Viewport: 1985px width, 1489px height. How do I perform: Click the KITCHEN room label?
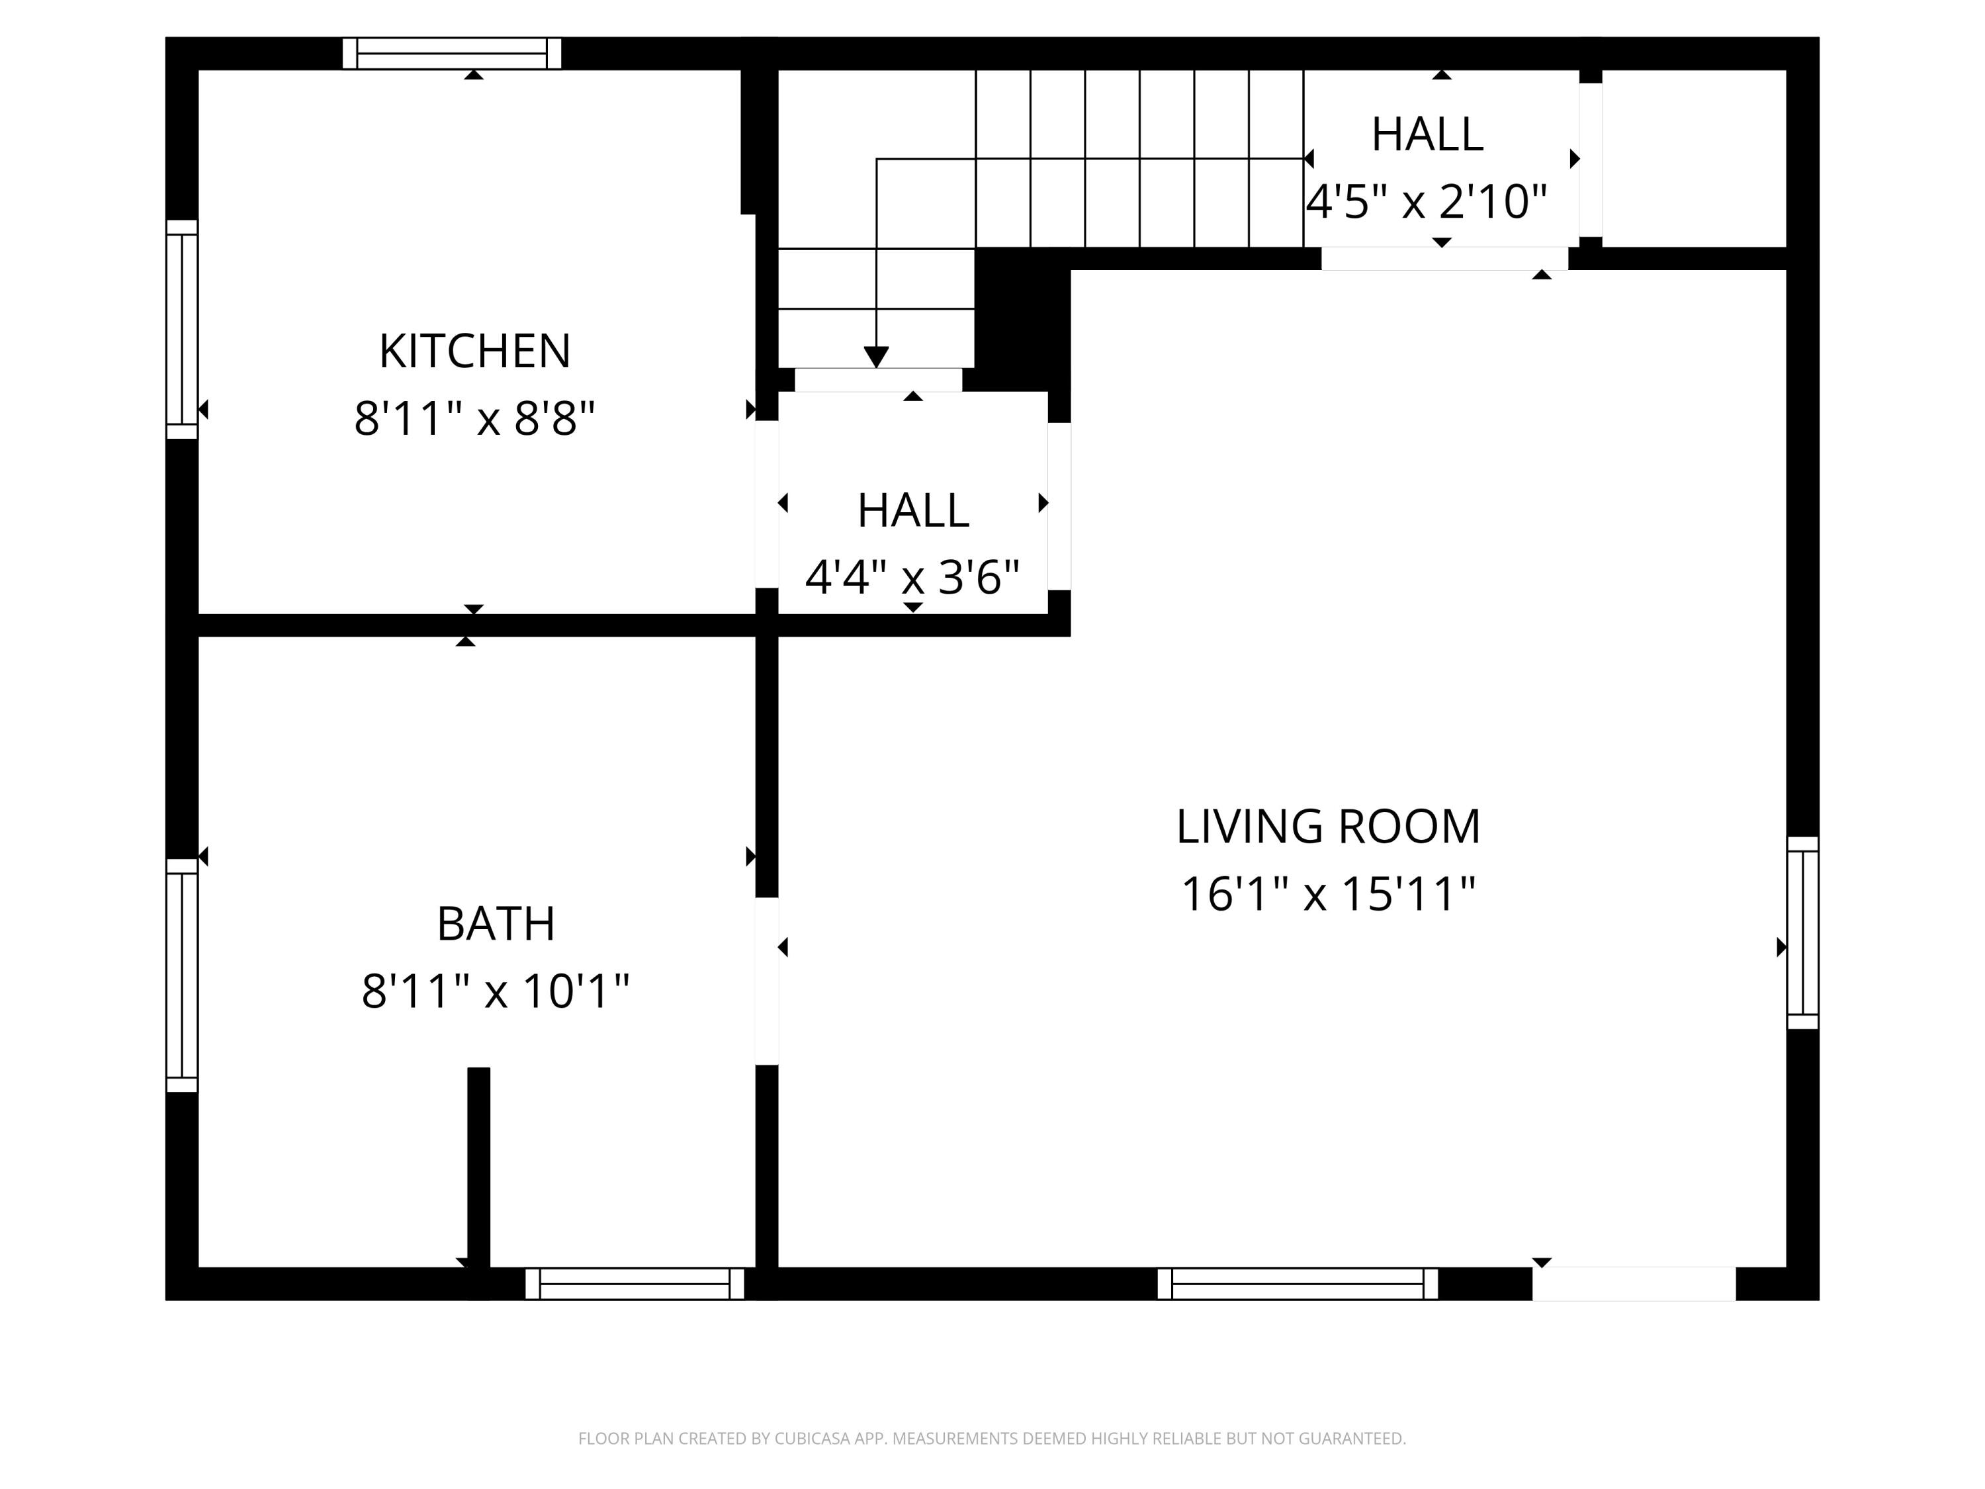coord(474,351)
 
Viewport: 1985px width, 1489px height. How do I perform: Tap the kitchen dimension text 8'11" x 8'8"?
coord(474,418)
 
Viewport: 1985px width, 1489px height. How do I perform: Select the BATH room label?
coord(496,924)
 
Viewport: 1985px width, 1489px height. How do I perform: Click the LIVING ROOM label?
coord(1328,827)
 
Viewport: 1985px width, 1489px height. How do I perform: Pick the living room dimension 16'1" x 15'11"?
coord(1328,894)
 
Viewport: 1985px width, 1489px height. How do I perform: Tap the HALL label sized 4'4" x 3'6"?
coord(912,511)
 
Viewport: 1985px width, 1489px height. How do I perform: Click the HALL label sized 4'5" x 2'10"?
coord(1427,134)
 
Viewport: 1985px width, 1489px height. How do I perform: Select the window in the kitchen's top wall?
coord(451,53)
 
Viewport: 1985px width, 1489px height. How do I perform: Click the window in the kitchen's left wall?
coord(181,330)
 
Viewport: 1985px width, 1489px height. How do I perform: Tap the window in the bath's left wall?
coord(181,975)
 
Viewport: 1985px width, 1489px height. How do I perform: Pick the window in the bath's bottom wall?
coord(635,1283)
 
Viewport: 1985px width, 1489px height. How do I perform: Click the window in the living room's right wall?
coord(1803,932)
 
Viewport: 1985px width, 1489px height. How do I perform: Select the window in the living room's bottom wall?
coord(1298,1283)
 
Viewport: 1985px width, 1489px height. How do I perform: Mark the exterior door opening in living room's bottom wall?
coord(1633,1283)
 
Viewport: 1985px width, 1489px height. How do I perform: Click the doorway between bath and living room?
coord(766,981)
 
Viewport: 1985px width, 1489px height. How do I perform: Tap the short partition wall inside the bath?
coord(478,1167)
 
